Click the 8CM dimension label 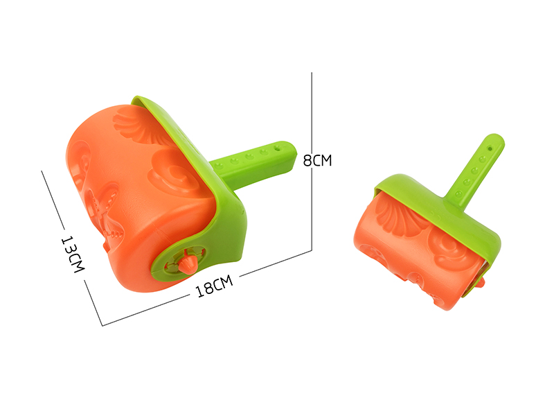tap(318, 160)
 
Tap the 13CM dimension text tap(71, 254)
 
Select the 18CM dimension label tap(213, 286)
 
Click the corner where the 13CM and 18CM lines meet tap(102, 325)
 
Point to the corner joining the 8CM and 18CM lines tap(312, 249)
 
